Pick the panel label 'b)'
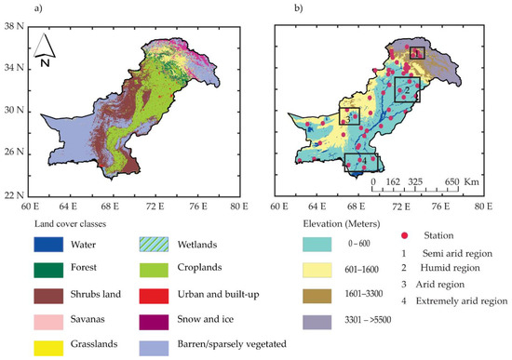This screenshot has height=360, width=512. (x=271, y=8)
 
